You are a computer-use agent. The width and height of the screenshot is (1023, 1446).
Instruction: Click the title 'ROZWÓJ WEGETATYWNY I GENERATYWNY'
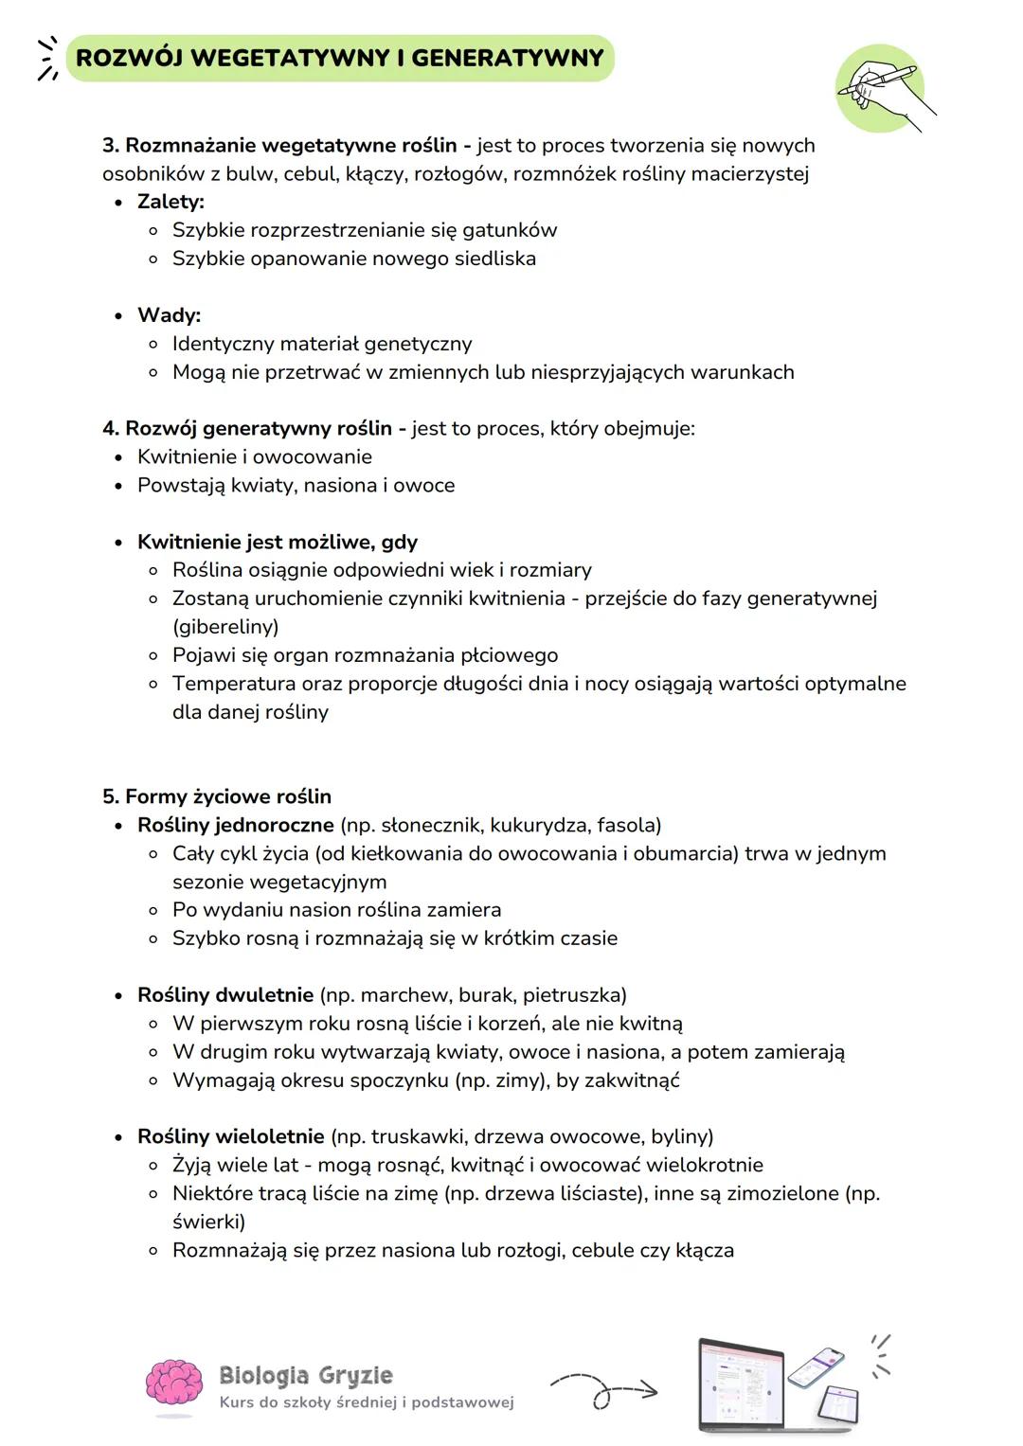coord(339,58)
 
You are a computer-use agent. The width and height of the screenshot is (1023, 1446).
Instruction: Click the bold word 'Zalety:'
coord(170,202)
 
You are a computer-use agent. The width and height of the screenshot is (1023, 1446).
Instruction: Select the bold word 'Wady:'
coord(169,315)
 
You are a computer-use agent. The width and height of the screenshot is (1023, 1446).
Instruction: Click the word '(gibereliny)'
coord(225,627)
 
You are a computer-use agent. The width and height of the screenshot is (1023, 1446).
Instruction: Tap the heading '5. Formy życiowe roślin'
coord(217,796)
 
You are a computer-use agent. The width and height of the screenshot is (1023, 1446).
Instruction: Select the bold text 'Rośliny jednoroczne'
coord(236,825)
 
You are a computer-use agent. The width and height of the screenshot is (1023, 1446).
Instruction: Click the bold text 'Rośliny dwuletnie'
coord(225,995)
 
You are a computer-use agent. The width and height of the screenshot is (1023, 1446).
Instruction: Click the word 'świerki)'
coord(208,1222)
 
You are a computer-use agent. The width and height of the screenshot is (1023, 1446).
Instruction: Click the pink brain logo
coord(174,1384)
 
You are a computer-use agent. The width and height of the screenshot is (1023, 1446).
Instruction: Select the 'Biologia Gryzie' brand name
coord(305,1375)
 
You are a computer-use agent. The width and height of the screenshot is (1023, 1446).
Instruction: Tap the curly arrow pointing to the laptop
coord(603,1389)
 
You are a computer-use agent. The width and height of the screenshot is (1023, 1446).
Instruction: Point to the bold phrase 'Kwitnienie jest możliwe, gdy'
coord(278,542)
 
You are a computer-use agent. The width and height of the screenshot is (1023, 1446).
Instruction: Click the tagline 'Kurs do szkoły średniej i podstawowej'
coord(367,1402)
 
